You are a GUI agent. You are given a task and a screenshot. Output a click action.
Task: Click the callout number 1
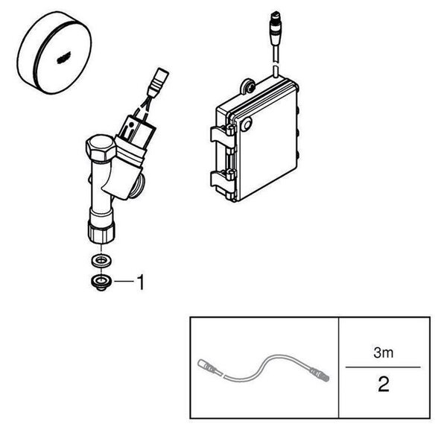(141, 282)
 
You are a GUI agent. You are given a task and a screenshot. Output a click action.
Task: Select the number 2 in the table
(383, 384)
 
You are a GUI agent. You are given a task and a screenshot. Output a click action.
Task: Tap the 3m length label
(384, 352)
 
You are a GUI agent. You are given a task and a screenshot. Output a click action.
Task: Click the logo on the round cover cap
(63, 59)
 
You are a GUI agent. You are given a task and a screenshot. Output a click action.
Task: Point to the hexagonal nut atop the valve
(101, 148)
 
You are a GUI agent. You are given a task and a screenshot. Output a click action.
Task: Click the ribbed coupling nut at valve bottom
(101, 233)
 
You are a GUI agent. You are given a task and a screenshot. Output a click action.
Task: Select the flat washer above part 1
(101, 261)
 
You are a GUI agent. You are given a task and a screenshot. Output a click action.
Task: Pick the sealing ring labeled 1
(101, 282)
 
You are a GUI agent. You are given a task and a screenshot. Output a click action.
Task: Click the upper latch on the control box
(223, 133)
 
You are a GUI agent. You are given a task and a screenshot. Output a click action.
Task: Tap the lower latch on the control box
(223, 178)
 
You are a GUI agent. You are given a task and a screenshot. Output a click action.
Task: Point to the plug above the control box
(276, 28)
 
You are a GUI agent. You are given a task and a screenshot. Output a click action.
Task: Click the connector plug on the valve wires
(158, 81)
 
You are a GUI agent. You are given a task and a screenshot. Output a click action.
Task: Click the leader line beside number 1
(124, 282)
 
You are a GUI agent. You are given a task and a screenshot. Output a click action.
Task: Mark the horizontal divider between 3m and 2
(383, 367)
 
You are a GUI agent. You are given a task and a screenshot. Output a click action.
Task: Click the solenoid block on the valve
(137, 132)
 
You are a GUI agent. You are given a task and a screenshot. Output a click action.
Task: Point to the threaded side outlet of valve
(138, 186)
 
